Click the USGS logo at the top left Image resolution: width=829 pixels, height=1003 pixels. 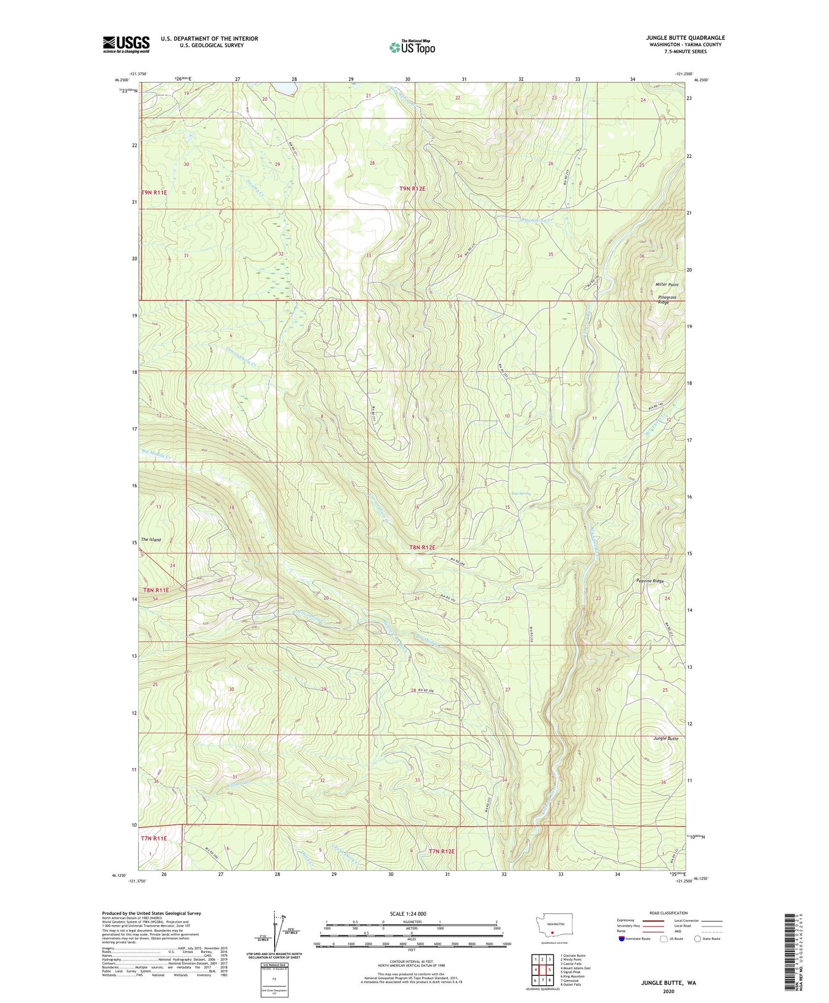pos(126,44)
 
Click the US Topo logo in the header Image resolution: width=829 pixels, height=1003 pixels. pos(412,47)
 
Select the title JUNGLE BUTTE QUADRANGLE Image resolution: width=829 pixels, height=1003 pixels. pos(685,38)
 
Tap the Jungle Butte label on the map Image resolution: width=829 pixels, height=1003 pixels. pos(665,739)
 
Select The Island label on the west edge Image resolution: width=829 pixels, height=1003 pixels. pos(150,539)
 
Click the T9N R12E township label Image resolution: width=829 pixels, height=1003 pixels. pos(412,189)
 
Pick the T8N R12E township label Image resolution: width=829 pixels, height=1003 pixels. pos(422,547)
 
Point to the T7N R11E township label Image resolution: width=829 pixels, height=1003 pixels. pos(153,838)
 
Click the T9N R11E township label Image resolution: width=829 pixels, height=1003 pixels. pos(154,192)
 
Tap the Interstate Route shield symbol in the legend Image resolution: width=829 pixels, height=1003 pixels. pos(622,939)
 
